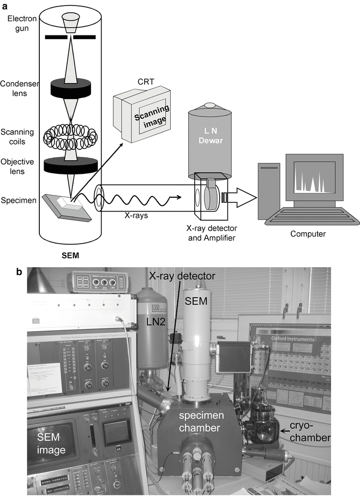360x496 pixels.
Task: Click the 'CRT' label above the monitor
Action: (x=144, y=82)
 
